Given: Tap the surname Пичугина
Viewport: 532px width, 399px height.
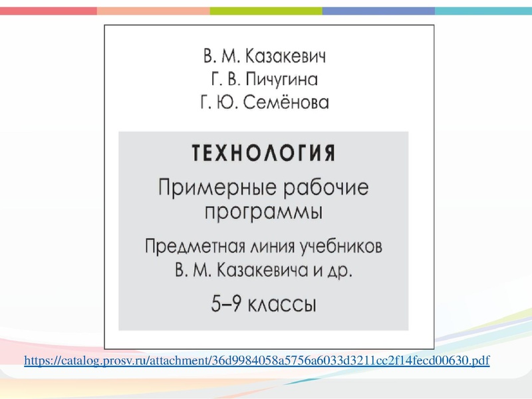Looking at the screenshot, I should [282, 79].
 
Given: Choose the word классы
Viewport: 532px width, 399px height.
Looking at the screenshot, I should [283, 305].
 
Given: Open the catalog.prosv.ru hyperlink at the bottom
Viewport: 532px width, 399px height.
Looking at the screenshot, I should [256, 361].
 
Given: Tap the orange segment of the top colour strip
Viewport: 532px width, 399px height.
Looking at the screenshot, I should [153, 11].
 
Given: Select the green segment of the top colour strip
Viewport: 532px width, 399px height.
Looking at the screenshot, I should [266, 11].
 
